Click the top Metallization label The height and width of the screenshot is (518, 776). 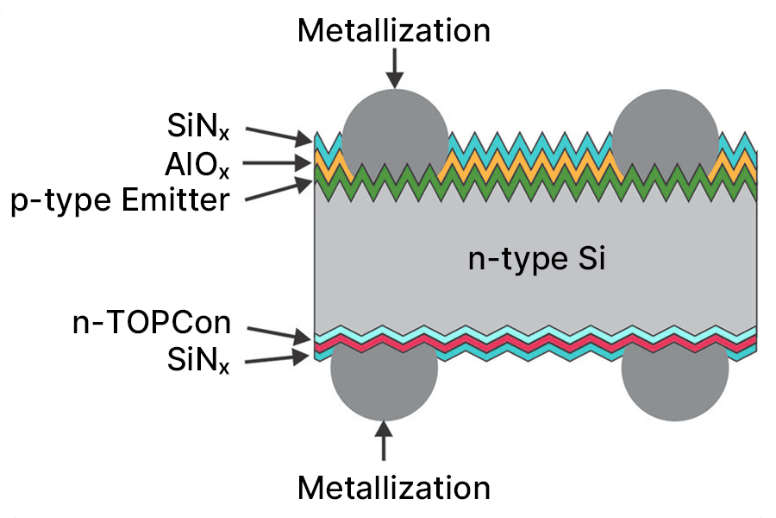pyautogui.click(x=394, y=31)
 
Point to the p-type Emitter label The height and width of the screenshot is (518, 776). pyautogui.click(x=121, y=200)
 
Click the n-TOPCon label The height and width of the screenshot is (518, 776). pyautogui.click(x=152, y=324)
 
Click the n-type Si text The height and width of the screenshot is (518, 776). pyautogui.click(x=536, y=259)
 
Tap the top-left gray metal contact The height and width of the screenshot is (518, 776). pyautogui.click(x=395, y=129)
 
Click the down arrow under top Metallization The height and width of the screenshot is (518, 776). pyautogui.click(x=395, y=68)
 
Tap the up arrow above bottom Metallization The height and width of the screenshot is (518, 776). pyautogui.click(x=385, y=441)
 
